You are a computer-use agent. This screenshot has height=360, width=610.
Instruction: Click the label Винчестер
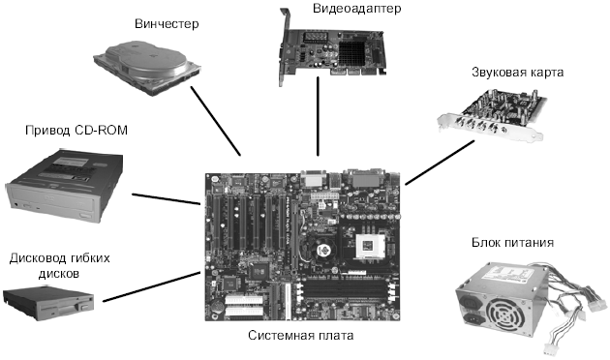point(167,24)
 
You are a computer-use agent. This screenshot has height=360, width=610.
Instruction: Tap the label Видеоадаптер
point(356,9)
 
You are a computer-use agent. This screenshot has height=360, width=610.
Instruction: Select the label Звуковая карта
point(517,73)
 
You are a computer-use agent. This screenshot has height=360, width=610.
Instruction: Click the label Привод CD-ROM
point(76,131)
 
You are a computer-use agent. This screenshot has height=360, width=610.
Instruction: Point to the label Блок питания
point(512,243)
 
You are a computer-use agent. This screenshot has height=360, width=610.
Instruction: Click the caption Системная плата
point(301,335)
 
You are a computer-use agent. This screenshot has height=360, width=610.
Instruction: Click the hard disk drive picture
point(147,67)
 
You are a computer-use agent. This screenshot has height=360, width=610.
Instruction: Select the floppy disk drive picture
point(48,303)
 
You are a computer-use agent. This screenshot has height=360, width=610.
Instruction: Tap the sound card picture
point(492,113)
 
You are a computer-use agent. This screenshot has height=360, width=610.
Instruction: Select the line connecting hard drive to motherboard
point(216,121)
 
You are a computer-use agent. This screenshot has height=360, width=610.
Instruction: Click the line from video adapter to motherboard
point(318,116)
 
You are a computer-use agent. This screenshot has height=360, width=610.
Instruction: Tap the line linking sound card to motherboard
point(440,163)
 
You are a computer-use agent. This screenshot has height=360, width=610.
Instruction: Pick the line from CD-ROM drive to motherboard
point(167,198)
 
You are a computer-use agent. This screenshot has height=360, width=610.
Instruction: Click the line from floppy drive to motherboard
point(151,286)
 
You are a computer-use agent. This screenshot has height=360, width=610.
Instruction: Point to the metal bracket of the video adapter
point(283,47)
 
